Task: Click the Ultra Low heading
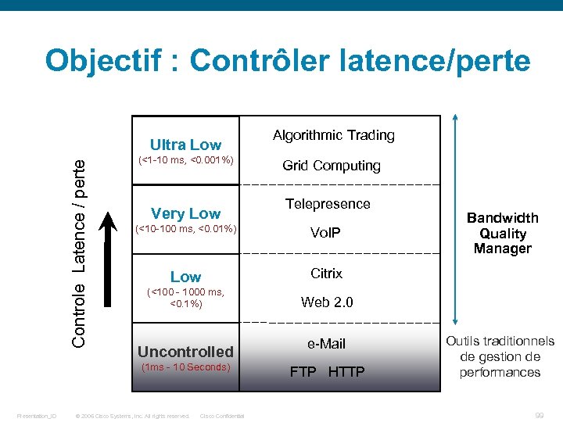point(185,145)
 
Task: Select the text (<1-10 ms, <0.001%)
point(185,161)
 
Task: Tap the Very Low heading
point(185,213)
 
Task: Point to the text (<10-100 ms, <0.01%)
point(185,229)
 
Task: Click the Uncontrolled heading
point(185,352)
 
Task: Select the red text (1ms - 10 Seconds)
point(185,367)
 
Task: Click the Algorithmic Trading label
point(334,135)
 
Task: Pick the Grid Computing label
point(332,166)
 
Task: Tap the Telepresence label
point(328,204)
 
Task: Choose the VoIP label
point(325,233)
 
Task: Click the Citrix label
point(326,274)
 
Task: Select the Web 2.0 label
point(327,302)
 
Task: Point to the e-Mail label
point(326,344)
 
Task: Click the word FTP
point(303,372)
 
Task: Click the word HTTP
point(346,372)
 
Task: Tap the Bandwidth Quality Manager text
point(503,233)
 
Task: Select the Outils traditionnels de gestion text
point(500,356)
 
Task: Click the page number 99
point(539,416)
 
